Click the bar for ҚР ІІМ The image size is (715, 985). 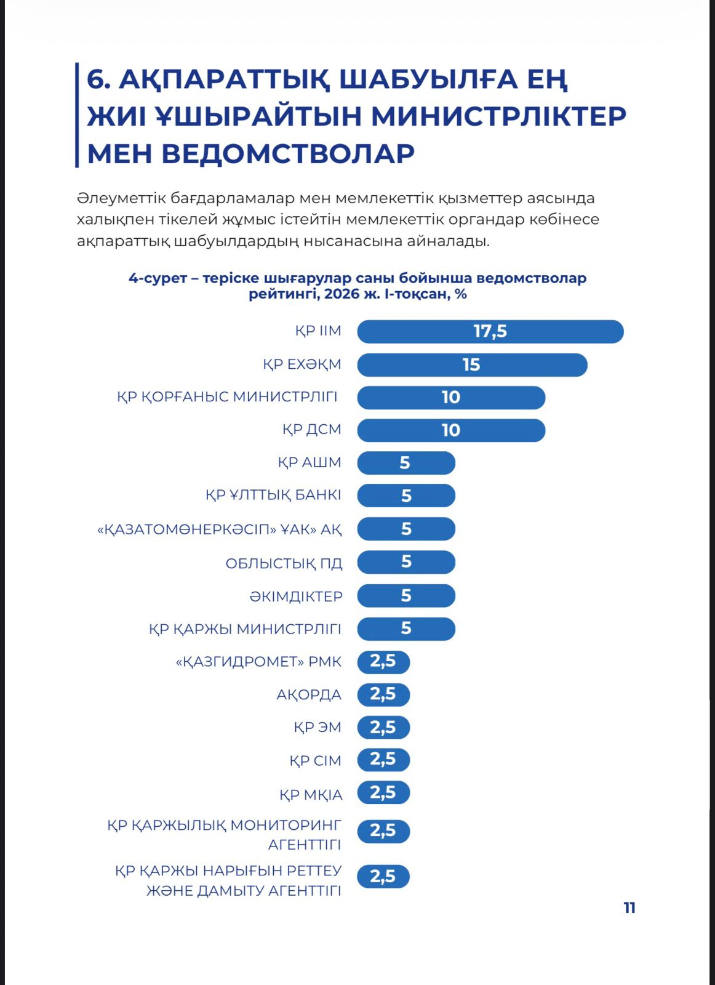click(490, 332)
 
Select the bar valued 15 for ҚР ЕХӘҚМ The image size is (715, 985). click(472, 365)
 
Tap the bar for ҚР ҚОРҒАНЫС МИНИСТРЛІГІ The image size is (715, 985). click(451, 398)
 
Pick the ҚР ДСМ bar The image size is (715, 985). click(451, 430)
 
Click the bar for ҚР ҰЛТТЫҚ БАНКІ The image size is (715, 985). click(406, 496)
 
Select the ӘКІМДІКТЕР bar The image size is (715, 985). click(406, 595)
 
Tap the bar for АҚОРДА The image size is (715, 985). click(383, 695)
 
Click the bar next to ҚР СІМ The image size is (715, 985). click(383, 760)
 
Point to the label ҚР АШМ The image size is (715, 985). click(310, 462)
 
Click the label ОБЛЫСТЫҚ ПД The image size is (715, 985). click(284, 563)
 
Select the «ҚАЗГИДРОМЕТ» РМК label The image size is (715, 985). click(258, 662)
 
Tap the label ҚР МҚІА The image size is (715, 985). click(311, 795)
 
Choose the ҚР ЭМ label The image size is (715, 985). click(318, 728)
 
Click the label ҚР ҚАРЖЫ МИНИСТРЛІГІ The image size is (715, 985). click(246, 629)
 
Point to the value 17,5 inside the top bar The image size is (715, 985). click(490, 332)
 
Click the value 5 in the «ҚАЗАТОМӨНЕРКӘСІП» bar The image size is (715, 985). click(406, 529)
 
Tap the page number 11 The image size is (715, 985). click(629, 908)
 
